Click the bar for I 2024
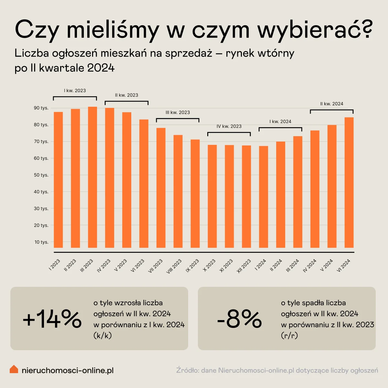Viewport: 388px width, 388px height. [x=264, y=197]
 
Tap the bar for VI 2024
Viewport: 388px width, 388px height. [x=349, y=182]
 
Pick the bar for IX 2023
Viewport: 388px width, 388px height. [x=195, y=194]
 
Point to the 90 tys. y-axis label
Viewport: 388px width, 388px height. [x=41, y=108]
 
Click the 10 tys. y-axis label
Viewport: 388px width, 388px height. [x=41, y=242]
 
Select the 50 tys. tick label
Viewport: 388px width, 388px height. [x=41, y=175]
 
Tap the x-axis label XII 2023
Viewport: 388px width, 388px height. [x=244, y=266]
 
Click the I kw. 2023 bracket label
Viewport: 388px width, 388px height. [x=75, y=91]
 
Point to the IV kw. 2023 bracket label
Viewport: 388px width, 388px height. [x=229, y=126]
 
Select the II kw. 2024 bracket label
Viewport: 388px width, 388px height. [x=332, y=104]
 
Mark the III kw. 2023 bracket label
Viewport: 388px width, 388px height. [x=178, y=113]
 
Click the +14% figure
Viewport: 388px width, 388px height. [x=52, y=319]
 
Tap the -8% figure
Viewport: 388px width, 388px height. [x=239, y=319]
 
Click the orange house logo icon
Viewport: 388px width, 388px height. [x=14, y=369]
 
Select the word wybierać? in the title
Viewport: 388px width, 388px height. [x=315, y=30]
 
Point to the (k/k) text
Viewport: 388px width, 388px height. [x=102, y=336]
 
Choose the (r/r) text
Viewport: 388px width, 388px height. [x=289, y=336]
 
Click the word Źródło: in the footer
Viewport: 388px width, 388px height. [x=188, y=370]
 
